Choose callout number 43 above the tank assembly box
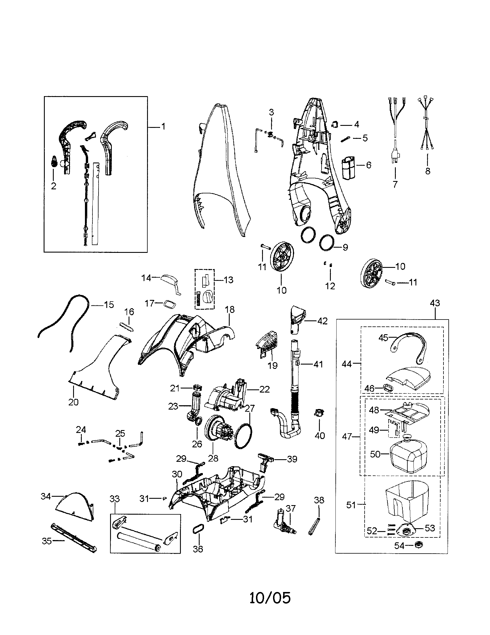(x=435, y=303)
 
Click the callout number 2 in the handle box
(x=53, y=186)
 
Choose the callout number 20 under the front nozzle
(x=73, y=402)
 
